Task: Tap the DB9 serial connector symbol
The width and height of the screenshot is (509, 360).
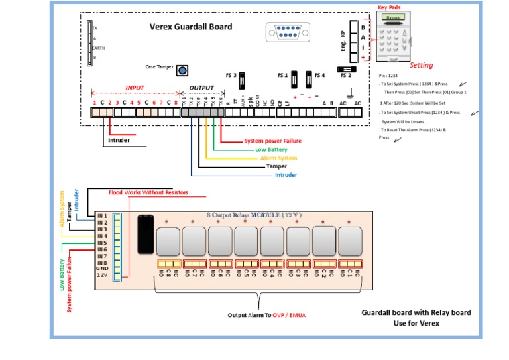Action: coord(284,32)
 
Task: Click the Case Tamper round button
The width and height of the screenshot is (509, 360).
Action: coord(181,70)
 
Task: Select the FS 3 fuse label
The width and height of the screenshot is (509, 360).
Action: coord(231,75)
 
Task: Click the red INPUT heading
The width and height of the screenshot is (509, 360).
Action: coord(135,88)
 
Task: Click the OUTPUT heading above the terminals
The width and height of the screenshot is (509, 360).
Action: coord(201,88)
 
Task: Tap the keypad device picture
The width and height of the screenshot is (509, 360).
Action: coord(392,36)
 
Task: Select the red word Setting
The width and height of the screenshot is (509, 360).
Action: coord(421,65)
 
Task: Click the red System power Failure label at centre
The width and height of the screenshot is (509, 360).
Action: coord(272,141)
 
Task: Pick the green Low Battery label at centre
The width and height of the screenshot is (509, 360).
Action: coord(271,150)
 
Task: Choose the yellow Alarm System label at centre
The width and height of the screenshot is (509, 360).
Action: coord(278,158)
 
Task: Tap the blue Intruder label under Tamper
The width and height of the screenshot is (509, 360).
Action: coord(286,175)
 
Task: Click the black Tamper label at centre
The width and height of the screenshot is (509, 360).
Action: coord(276,166)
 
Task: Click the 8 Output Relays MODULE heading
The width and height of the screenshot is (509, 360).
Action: coord(254,215)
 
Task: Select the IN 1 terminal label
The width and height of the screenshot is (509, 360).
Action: coord(102,216)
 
